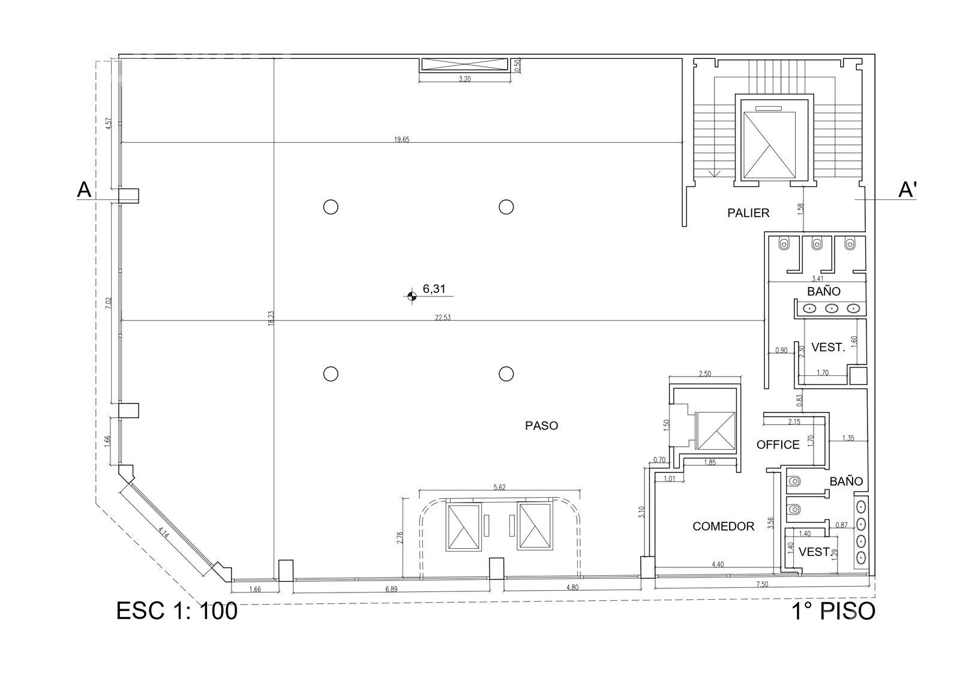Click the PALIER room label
pyautogui.click(x=748, y=213)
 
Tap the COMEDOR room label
pyautogui.click(x=724, y=527)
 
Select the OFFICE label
pyautogui.click(x=778, y=444)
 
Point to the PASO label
pyautogui.click(x=542, y=426)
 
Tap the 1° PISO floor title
pyautogui.click(x=833, y=611)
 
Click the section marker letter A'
pyautogui.click(x=907, y=190)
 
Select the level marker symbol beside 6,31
pyautogui.click(x=412, y=295)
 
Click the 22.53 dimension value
pyautogui.click(x=443, y=318)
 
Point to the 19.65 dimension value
pyautogui.click(x=401, y=139)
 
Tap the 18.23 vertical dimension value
pyautogui.click(x=271, y=318)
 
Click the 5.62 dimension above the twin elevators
pyautogui.click(x=500, y=487)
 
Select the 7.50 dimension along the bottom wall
pyautogui.click(x=762, y=584)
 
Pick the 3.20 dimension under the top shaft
pyautogui.click(x=464, y=79)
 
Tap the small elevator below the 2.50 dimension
pyautogui.click(x=715, y=430)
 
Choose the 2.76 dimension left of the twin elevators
pyautogui.click(x=400, y=538)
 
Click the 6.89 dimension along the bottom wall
pyautogui.click(x=391, y=590)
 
